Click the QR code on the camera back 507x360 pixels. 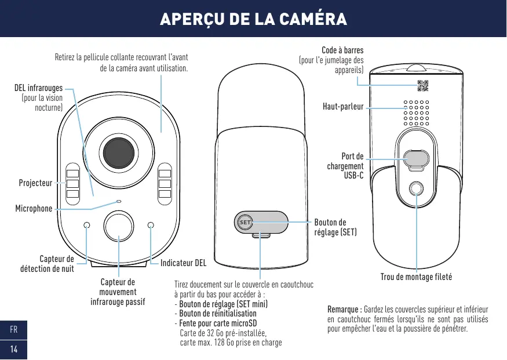(x=424, y=86)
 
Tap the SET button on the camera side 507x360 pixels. (x=245, y=222)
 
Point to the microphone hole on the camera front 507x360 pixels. (x=118, y=201)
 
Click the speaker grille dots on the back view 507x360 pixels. (x=416, y=112)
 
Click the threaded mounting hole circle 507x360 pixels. (x=416, y=189)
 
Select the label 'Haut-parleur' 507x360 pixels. (x=343, y=107)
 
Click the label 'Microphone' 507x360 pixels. (x=34, y=208)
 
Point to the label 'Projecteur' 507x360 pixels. (x=35, y=183)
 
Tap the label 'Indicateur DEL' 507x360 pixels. (x=183, y=263)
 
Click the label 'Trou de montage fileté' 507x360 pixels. (x=416, y=277)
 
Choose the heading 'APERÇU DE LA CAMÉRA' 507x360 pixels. (x=253, y=19)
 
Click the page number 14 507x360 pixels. (x=13, y=349)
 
